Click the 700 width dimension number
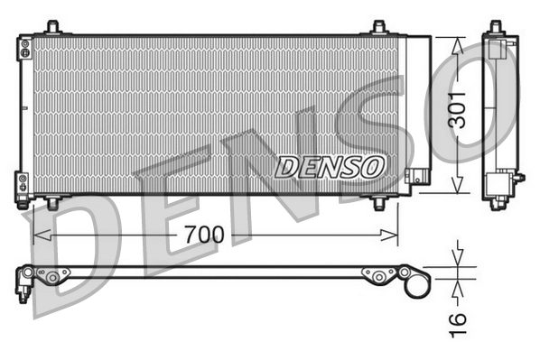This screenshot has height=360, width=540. click(203, 235)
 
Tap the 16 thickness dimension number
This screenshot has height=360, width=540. click(458, 318)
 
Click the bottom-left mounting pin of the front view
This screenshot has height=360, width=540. click(52, 202)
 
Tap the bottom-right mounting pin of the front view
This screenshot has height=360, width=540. click(379, 202)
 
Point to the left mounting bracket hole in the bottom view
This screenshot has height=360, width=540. click(53, 277)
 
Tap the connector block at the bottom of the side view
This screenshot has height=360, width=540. click(499, 187)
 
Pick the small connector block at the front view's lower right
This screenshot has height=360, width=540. click(417, 178)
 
